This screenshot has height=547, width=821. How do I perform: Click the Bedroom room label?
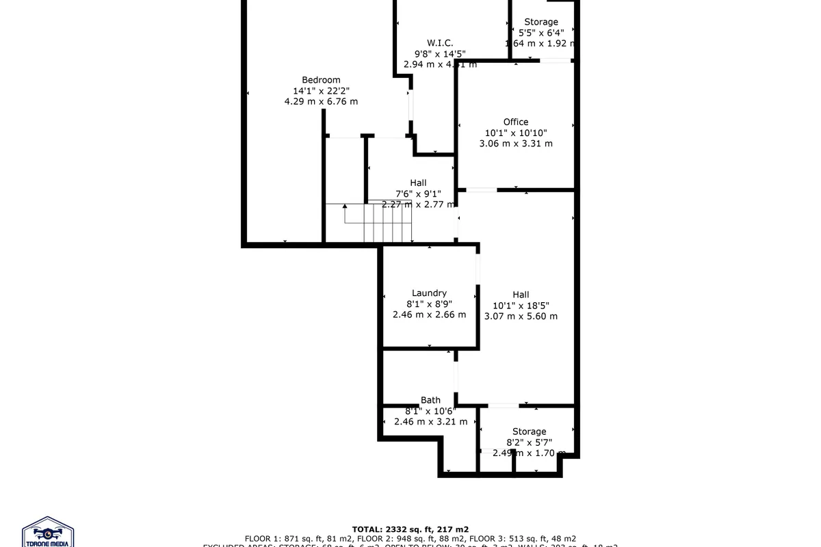pyautogui.click(x=321, y=80)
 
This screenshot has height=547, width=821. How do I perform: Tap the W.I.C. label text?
pyautogui.click(x=440, y=43)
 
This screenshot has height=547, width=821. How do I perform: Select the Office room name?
pyautogui.click(x=516, y=122)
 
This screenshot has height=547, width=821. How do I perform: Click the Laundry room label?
pyautogui.click(x=429, y=293)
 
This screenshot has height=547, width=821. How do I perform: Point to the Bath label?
pyautogui.click(x=430, y=400)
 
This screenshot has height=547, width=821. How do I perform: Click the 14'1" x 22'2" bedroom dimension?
pyautogui.click(x=321, y=91)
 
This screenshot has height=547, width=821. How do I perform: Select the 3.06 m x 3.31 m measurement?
pyautogui.click(x=516, y=144)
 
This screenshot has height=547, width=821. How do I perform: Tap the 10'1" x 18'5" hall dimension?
pyautogui.click(x=521, y=306)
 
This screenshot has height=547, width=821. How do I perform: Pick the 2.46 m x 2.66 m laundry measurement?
pyautogui.click(x=429, y=315)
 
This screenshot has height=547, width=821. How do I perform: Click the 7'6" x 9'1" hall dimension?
pyautogui.click(x=418, y=194)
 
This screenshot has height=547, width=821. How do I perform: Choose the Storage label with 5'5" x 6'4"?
pyautogui.click(x=541, y=22)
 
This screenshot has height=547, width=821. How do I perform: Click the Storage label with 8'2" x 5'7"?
pyautogui.click(x=530, y=431)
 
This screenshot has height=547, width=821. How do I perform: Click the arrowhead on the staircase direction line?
pyautogui.click(x=346, y=205)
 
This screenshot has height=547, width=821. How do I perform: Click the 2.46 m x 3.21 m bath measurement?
pyautogui.click(x=430, y=421)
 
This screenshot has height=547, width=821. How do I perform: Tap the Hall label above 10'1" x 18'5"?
pyautogui.click(x=521, y=295)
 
